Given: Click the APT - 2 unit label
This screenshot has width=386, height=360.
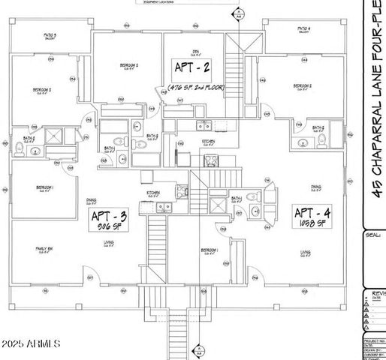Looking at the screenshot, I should tap(191, 70).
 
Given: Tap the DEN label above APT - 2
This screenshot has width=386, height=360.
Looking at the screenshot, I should tap(195, 52).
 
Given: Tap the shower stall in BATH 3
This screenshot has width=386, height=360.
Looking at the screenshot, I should tap(55, 136).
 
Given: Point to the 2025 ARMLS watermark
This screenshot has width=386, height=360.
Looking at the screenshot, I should tap(30, 343).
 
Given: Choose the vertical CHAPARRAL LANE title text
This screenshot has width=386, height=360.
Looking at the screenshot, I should tap(377, 105).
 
